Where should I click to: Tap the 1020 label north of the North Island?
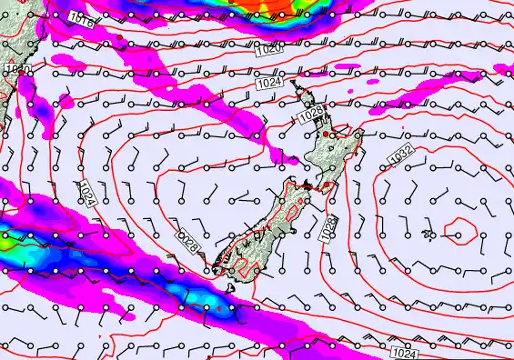click(268, 51)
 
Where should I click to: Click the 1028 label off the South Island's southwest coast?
click(188, 241)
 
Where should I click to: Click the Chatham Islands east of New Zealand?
click(428, 235)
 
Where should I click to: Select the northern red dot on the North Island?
click(322, 135)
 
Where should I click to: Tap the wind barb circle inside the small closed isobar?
click(458, 235)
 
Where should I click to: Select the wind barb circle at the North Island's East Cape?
click(359, 135)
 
